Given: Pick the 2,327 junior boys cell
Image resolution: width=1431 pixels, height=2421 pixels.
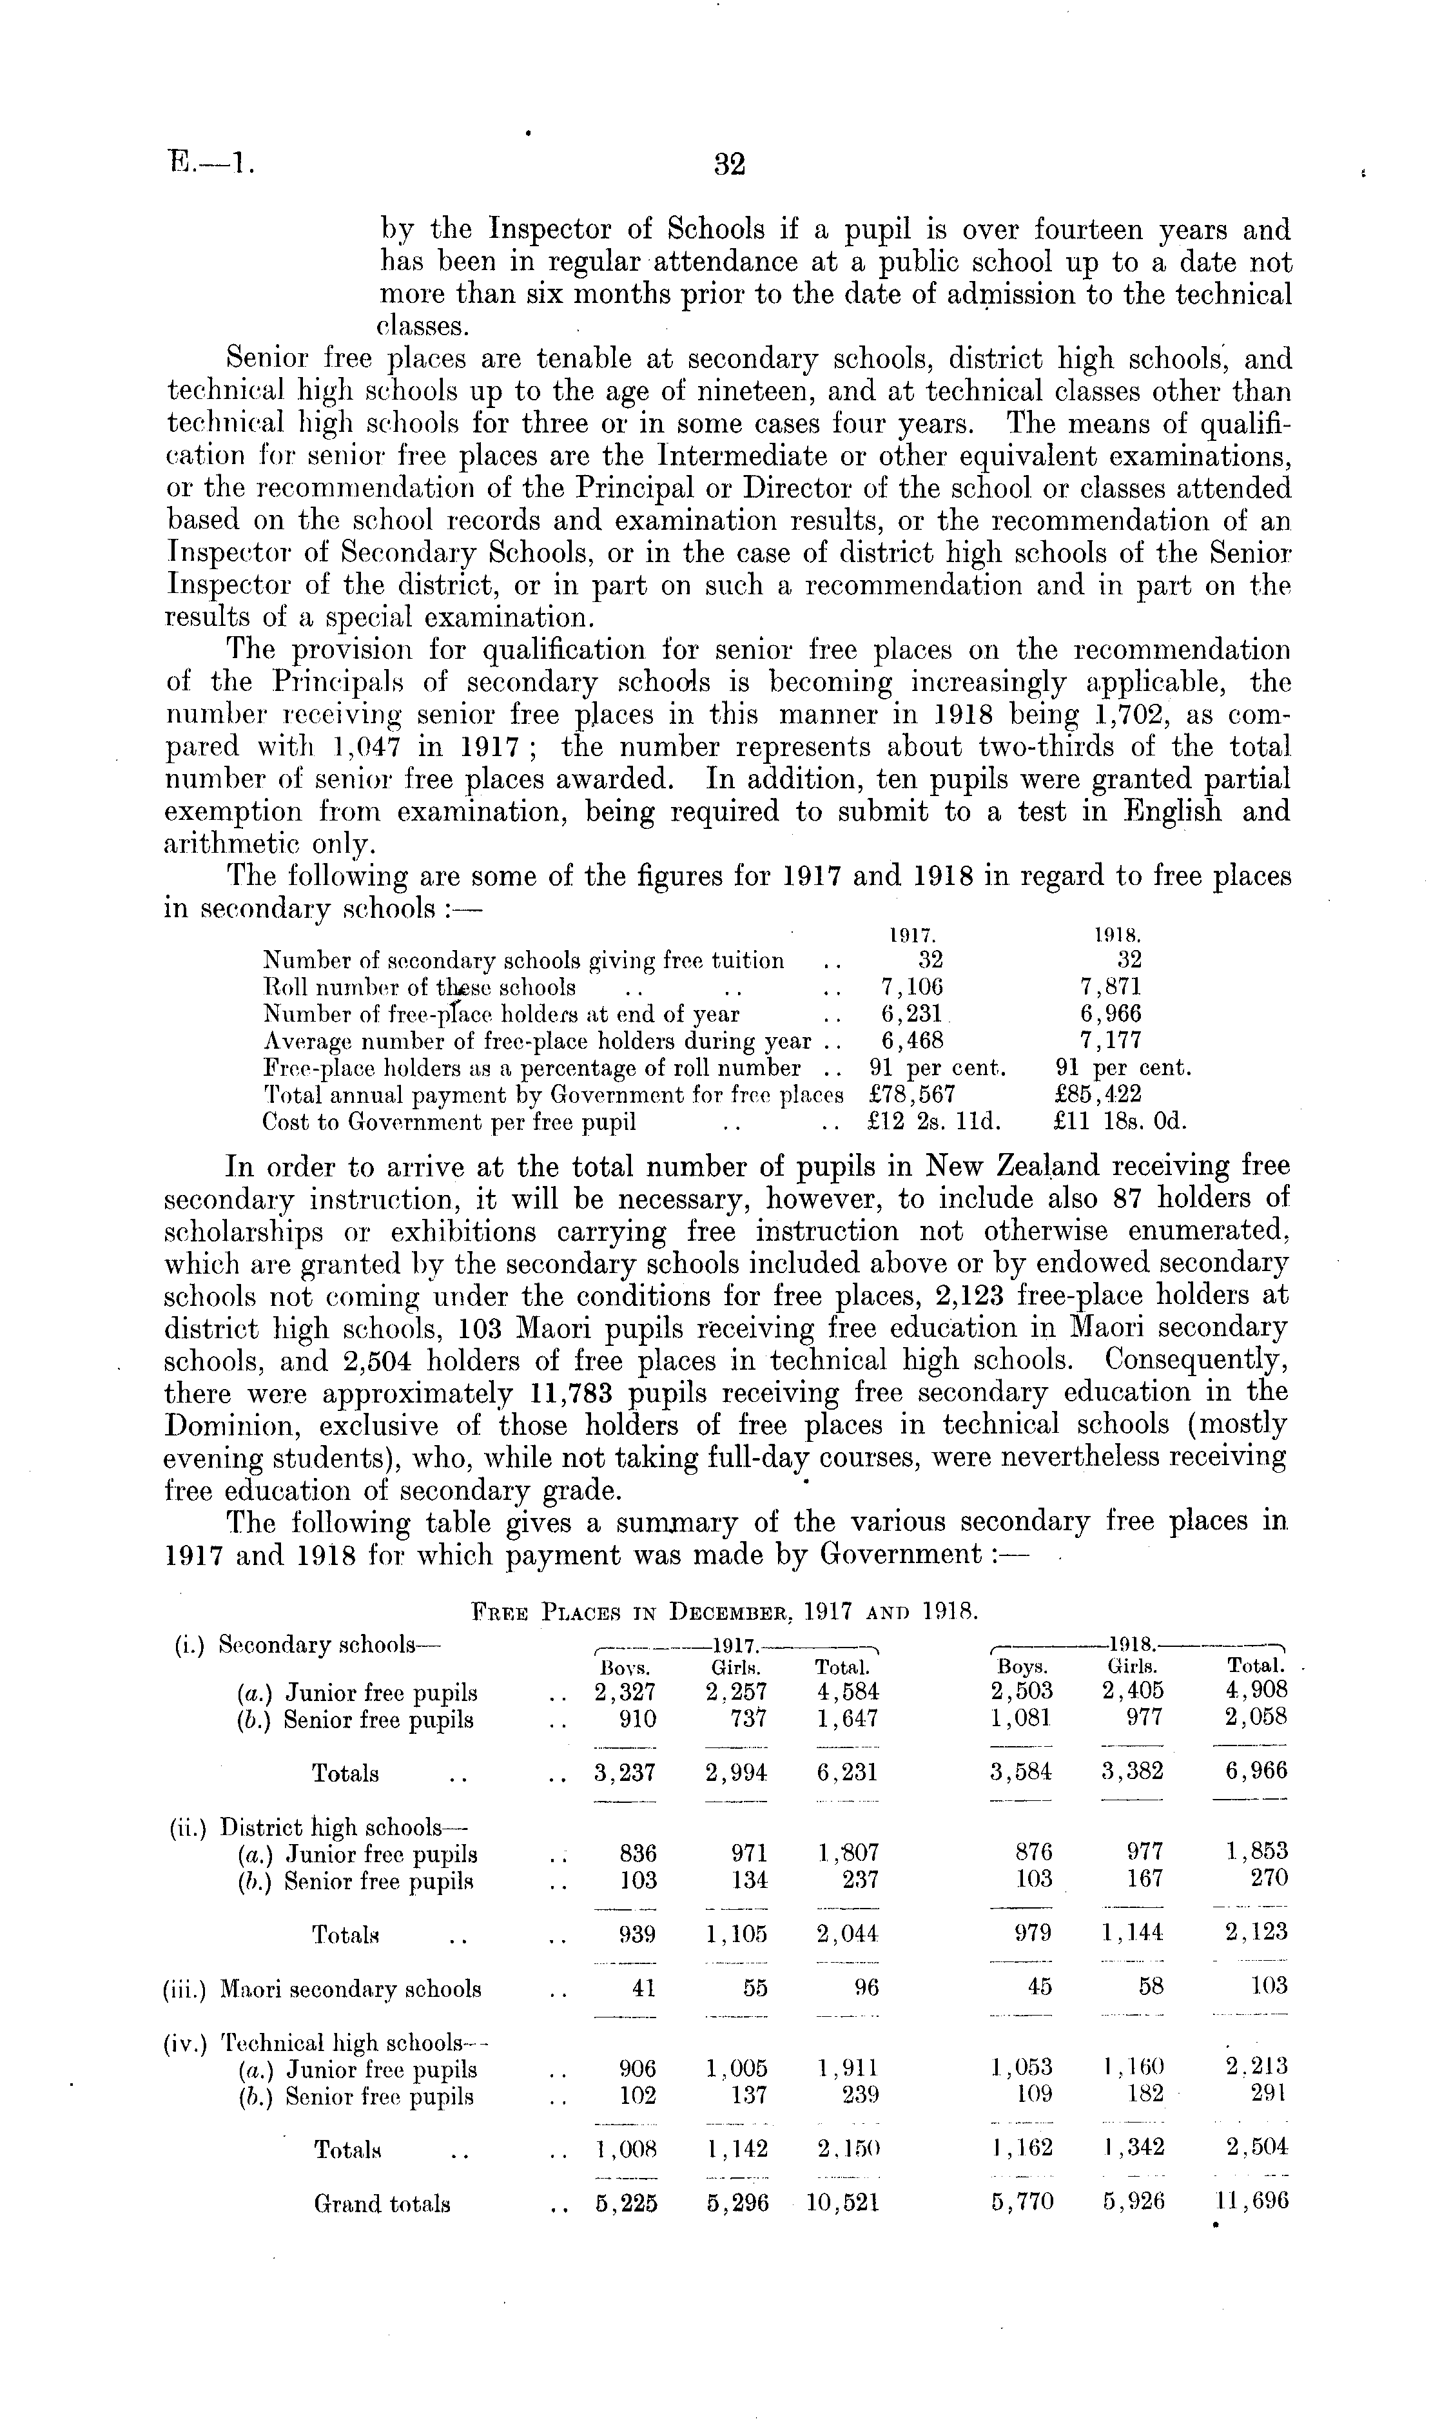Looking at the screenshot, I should point(626,1692).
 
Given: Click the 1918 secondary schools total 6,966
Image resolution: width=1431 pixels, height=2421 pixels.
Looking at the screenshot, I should point(1252,1772).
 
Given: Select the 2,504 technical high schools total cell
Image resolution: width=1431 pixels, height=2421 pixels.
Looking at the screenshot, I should point(1252,2147).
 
